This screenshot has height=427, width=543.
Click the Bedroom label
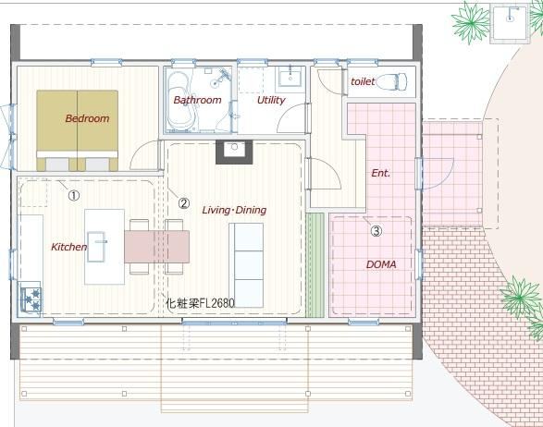coord(87,118)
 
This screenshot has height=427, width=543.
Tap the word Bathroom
coord(197,100)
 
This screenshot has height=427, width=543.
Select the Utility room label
coord(271,101)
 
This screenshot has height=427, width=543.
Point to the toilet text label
coord(363,81)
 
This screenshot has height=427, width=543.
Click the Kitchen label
coord(68,247)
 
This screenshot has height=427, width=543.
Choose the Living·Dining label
coord(234,210)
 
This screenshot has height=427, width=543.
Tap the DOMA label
coord(381,264)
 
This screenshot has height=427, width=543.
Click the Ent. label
coord(381,173)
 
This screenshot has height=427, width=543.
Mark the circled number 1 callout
coord(74,196)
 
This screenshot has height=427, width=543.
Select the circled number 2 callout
coord(184,203)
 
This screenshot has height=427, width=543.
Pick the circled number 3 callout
coord(376,230)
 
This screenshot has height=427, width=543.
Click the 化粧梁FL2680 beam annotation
coord(200,303)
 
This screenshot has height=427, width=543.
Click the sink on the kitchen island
coord(96,247)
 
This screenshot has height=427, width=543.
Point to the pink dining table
coord(157,247)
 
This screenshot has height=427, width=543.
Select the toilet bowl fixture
coord(391,82)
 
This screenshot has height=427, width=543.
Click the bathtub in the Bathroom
coord(181,101)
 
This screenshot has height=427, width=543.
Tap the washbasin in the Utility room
coord(290,77)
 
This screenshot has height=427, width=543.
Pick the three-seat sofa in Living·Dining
coord(246,265)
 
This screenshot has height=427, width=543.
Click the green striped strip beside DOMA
coord(315,265)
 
